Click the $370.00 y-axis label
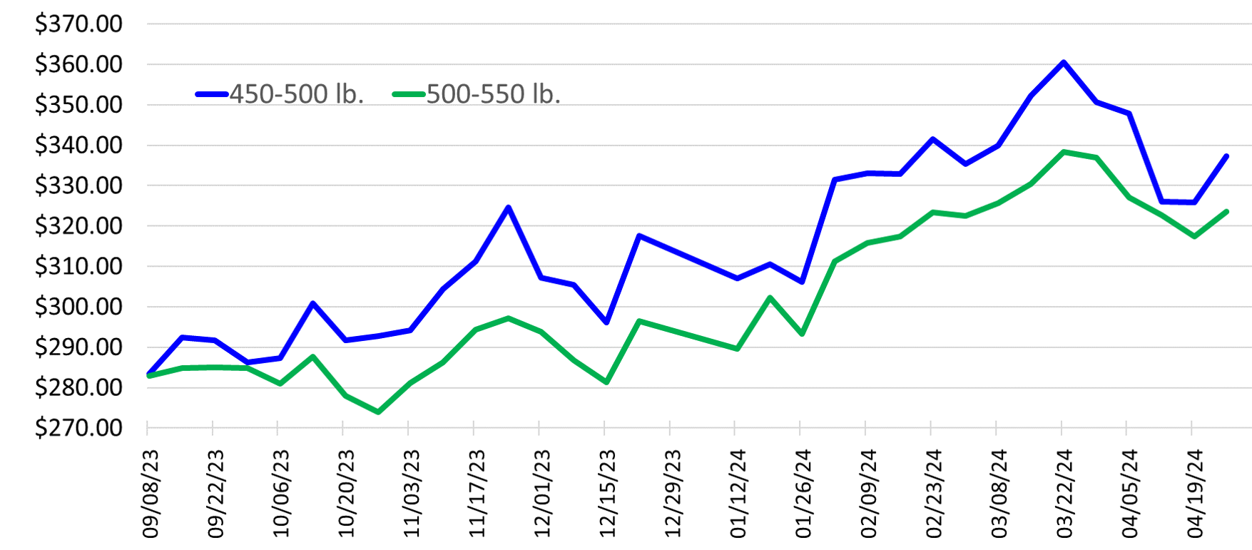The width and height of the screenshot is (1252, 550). [x=78, y=24]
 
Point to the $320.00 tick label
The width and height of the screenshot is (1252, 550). [x=78, y=225]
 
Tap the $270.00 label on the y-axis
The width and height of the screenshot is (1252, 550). [x=78, y=427]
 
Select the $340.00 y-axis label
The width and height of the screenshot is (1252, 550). [x=78, y=145]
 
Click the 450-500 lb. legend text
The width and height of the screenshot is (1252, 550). [x=297, y=94]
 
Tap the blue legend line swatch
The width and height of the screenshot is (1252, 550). [x=212, y=94]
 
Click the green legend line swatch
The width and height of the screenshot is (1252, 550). [x=409, y=94]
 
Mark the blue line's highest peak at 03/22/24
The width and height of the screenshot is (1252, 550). [x=1064, y=62]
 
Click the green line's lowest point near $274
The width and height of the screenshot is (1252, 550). [x=378, y=412]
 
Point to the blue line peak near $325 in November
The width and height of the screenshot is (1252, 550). [x=508, y=208]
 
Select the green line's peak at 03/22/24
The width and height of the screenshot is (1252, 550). [x=1064, y=152]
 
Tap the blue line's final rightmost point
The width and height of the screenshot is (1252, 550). [x=1226, y=156]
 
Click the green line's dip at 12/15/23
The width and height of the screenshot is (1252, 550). [x=606, y=382]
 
